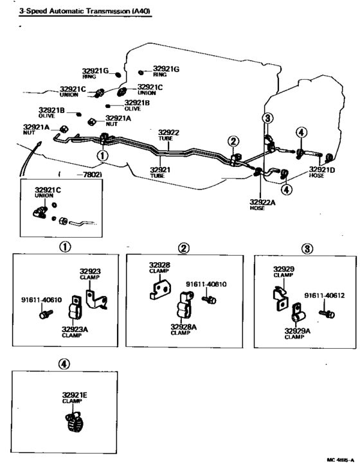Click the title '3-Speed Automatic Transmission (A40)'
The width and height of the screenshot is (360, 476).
click(85, 11)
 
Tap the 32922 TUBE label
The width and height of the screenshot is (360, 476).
click(168, 135)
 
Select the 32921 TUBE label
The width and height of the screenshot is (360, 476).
click(160, 172)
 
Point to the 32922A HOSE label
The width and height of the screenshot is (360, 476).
click(262, 205)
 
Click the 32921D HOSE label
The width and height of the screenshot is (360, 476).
click(321, 172)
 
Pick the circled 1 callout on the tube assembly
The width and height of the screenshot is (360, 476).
click(102, 155)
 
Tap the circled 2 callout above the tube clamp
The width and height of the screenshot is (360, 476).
click(233, 141)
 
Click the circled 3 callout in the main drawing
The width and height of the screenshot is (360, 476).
click(267, 118)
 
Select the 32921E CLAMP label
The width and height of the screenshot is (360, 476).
click(75, 398)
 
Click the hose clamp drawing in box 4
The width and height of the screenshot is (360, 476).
click(74, 421)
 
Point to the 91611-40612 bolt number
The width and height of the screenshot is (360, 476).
click(324, 295)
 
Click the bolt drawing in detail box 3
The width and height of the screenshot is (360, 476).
click(327, 313)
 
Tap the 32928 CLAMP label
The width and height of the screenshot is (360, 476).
click(159, 267)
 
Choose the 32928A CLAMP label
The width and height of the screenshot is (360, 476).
click(183, 330)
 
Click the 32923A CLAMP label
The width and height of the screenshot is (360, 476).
click(75, 332)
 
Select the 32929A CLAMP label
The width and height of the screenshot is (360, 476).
click(297, 333)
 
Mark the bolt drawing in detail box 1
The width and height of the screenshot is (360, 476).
click(46, 314)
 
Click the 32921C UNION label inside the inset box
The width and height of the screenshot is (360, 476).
click(48, 193)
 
